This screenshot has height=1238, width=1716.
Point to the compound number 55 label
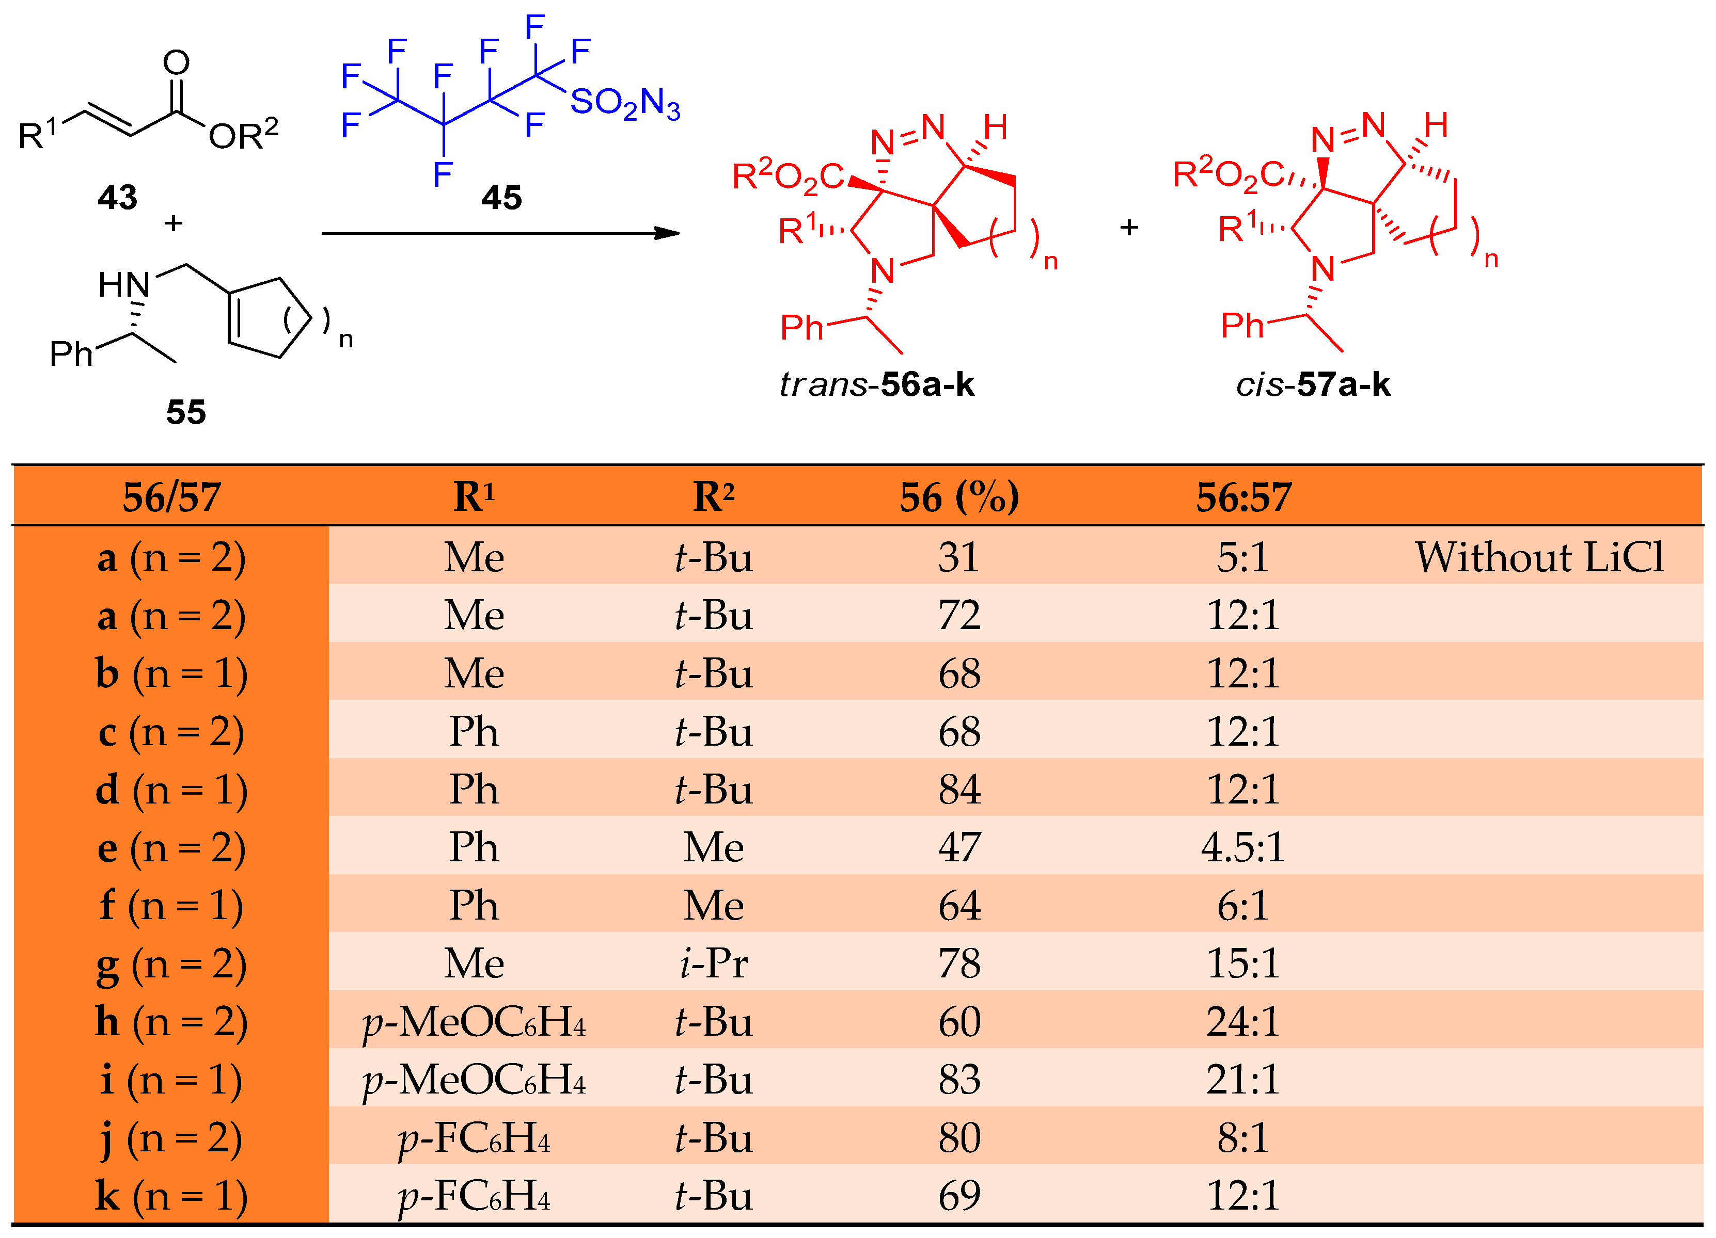(x=186, y=412)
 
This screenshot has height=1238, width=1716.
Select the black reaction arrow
(x=499, y=233)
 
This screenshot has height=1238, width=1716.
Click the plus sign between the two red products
(x=1129, y=227)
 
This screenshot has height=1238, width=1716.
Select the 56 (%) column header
(x=958, y=497)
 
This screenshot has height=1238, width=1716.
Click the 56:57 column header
(x=1243, y=497)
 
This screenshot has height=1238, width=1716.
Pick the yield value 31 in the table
(x=958, y=557)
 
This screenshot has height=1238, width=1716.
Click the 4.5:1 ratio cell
(x=1243, y=847)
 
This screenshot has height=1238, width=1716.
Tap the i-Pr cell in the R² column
(x=714, y=963)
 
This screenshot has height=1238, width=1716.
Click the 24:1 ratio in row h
(x=1243, y=1022)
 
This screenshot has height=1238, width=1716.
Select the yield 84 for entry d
(x=958, y=790)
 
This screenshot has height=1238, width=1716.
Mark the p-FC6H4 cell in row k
(x=475, y=1196)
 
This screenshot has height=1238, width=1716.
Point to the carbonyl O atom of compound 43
(x=176, y=62)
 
